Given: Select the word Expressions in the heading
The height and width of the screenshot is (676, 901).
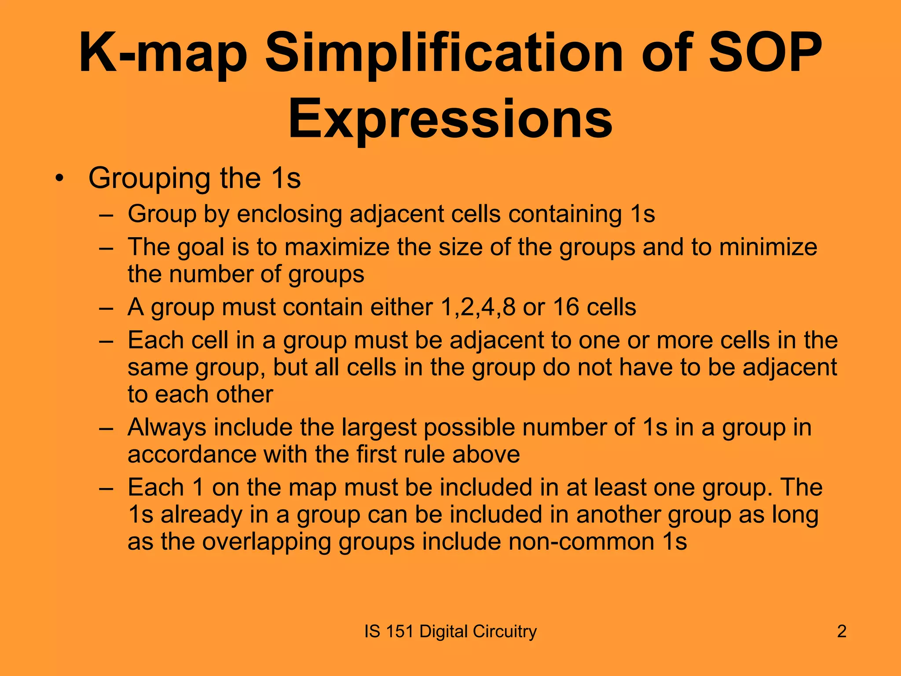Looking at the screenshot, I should tap(450, 120).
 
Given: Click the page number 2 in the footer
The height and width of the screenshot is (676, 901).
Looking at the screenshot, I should tap(842, 632).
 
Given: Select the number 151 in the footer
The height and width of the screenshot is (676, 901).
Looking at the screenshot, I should tap(399, 632).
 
